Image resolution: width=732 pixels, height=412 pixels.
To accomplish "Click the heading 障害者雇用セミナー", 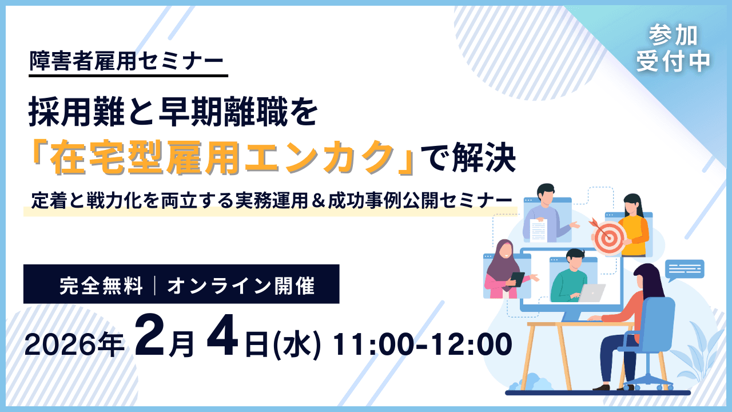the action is tap(127, 61).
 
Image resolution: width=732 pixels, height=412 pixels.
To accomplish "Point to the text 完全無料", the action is tap(101, 285).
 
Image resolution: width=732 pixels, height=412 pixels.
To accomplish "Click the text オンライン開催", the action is tap(241, 285).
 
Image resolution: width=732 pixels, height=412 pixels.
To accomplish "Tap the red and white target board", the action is tap(608, 237).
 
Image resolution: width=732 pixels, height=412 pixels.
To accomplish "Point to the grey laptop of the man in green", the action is tap(591, 293).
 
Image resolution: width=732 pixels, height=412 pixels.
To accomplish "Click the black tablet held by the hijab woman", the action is tap(517, 279).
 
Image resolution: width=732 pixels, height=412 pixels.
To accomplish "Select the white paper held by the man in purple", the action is tap(539, 230).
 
